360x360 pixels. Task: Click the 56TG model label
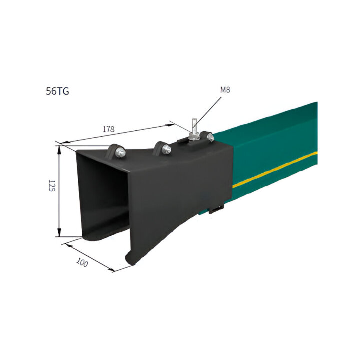(57, 92)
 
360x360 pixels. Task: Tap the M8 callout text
(225, 90)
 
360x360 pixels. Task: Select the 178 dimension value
(108, 129)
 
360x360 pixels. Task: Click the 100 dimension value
(82, 262)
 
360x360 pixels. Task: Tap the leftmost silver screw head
(120, 152)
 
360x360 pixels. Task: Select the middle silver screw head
(166, 150)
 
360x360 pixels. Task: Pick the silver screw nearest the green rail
(210, 137)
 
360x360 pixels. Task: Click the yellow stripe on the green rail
(275, 170)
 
